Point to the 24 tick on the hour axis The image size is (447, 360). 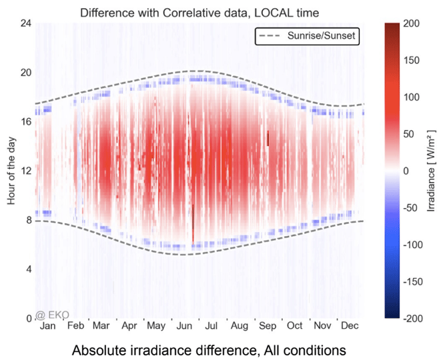click(24, 23)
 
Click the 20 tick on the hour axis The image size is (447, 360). click(24, 72)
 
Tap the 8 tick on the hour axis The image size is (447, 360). click(27, 220)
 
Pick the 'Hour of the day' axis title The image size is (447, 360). click(11, 170)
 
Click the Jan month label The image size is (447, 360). click(48, 326)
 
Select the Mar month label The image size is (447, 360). click(101, 326)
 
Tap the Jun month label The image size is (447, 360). click(183, 326)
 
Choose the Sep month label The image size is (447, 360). click(267, 326)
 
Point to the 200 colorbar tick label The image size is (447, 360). click(412, 23)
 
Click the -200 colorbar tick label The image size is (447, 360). click(414, 318)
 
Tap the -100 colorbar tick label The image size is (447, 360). click(414, 245)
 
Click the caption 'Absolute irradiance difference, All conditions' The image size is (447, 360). click(200, 349)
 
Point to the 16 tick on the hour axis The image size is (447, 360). click(24, 121)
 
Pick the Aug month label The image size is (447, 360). click(239, 326)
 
